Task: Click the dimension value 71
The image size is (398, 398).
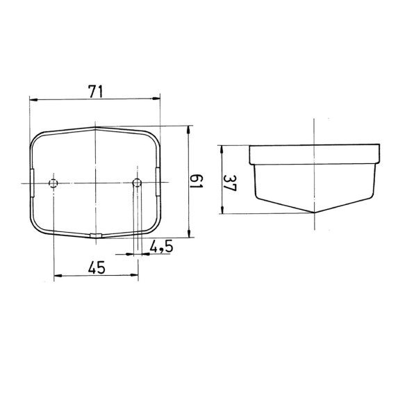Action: click(95, 92)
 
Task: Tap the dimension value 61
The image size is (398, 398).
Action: click(197, 181)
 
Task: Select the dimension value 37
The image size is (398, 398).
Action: click(230, 183)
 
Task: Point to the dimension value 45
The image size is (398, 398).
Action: click(97, 267)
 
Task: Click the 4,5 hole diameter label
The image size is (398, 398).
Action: click(161, 247)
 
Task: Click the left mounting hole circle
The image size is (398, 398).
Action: click(53, 183)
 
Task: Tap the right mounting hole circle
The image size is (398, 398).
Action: click(137, 182)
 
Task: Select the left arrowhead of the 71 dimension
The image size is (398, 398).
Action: click(33, 100)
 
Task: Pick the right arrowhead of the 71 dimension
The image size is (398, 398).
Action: click(156, 99)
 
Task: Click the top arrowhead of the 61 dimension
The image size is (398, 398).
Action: click(189, 130)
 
